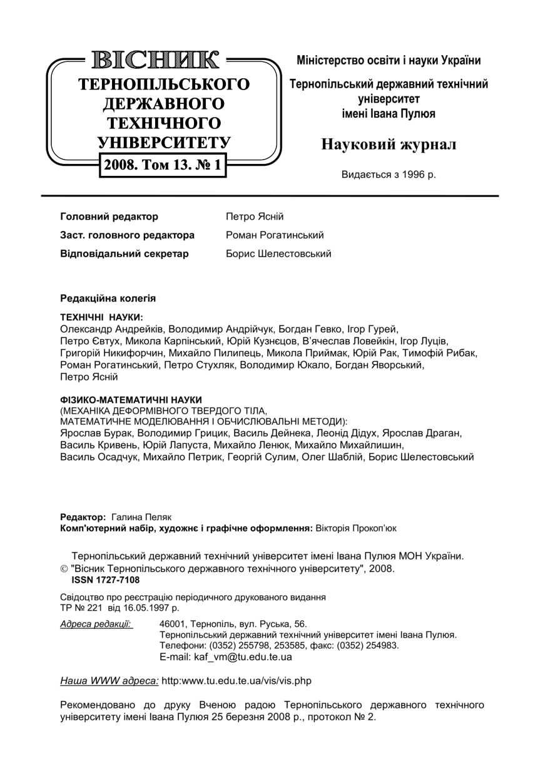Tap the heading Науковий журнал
pyautogui.click(x=388, y=145)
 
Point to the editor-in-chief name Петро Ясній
pyautogui.click(x=255, y=217)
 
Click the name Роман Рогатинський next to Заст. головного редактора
pyautogui.click(x=275, y=235)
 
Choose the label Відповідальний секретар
pyautogui.click(x=124, y=254)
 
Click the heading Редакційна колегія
pyautogui.click(x=108, y=299)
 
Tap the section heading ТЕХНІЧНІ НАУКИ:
pyautogui.click(x=101, y=318)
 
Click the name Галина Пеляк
pyautogui.click(x=141, y=518)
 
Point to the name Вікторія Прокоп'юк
pyautogui.click(x=356, y=528)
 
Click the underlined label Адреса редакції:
pyautogui.click(x=96, y=623)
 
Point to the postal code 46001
pyautogui.click(x=174, y=623)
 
